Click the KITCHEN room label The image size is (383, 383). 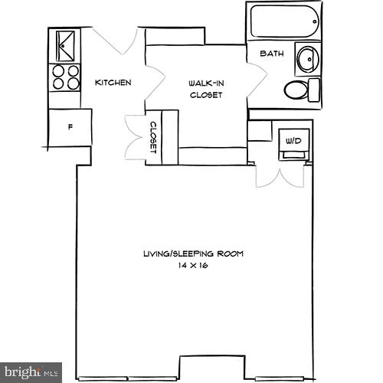[x=113, y=83]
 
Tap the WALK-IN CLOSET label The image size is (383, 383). [x=205, y=89]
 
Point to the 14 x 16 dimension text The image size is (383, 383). [x=192, y=264]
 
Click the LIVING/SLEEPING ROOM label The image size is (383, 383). [x=192, y=254]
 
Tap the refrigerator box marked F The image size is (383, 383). [x=70, y=127]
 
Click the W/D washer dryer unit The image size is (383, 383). [x=293, y=142]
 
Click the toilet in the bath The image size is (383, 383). [x=300, y=90]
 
